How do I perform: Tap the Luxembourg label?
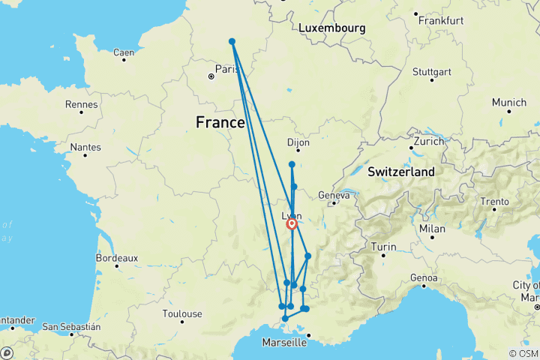click(x=331, y=28)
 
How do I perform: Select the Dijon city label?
click(x=298, y=142)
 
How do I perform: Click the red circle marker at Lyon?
click(x=292, y=223)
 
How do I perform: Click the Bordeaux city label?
click(x=117, y=257)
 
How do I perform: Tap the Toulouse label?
click(x=182, y=313)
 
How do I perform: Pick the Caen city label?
click(x=123, y=52)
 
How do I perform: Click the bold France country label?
click(x=220, y=121)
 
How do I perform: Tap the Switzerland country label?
click(x=400, y=172)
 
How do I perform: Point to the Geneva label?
click(x=334, y=195)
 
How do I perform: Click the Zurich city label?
click(x=428, y=141)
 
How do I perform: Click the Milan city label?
click(x=432, y=228)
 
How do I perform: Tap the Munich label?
click(x=509, y=102)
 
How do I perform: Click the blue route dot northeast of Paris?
click(x=232, y=41)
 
